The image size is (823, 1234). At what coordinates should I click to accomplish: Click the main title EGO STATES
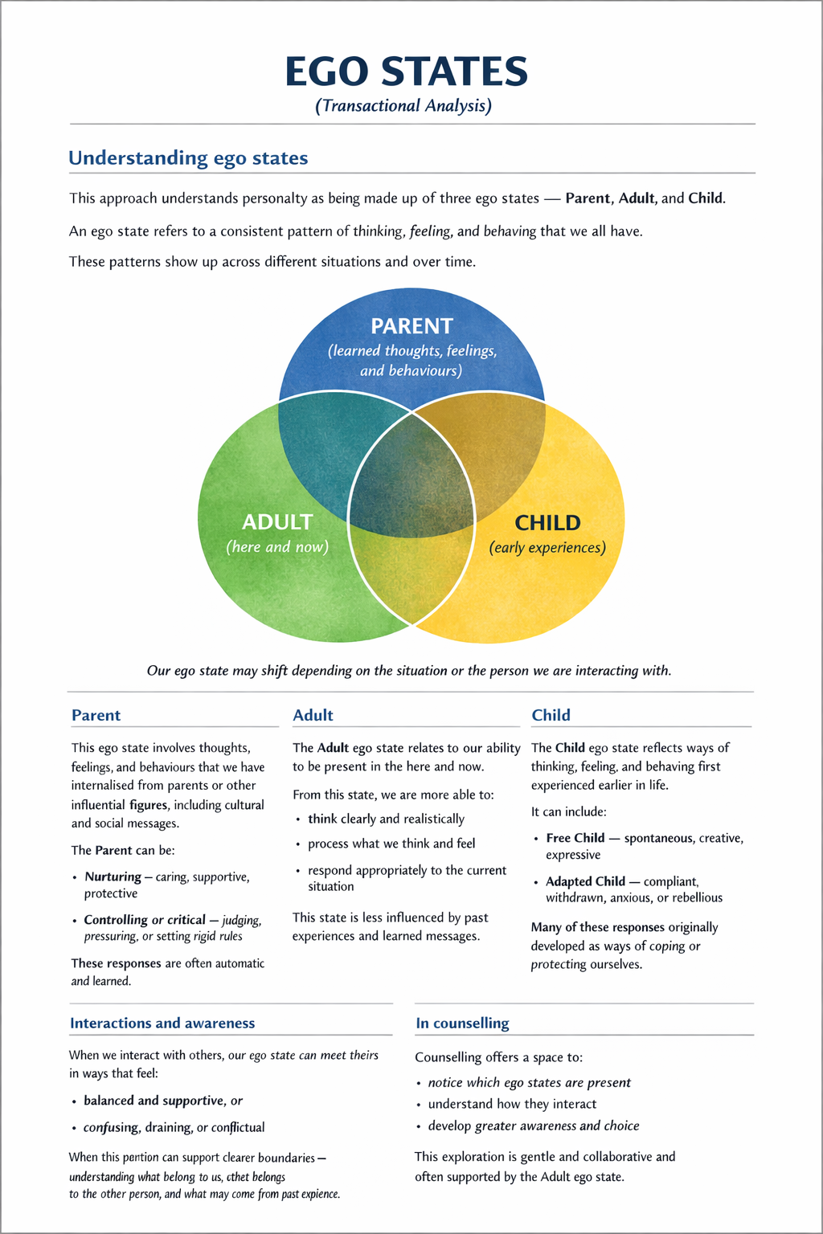(x=406, y=72)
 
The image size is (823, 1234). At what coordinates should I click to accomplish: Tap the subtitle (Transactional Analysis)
(x=403, y=106)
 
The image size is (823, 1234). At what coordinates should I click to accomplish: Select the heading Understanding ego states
(x=188, y=158)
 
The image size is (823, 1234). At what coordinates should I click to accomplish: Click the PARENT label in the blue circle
(x=411, y=326)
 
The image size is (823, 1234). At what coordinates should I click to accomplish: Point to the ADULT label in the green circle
(x=277, y=522)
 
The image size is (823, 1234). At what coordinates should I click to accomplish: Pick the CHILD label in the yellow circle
(x=547, y=523)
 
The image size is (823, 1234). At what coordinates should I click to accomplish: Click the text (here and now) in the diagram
(x=277, y=547)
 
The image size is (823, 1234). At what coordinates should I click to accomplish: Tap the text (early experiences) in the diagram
(x=547, y=548)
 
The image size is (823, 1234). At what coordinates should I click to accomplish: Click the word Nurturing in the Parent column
(x=113, y=876)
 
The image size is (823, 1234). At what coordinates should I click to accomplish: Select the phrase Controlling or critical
(x=145, y=920)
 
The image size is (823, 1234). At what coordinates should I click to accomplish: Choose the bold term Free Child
(x=575, y=838)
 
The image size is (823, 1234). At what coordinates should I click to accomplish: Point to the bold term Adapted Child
(x=585, y=881)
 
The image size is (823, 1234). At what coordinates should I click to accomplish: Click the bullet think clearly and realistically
(x=386, y=819)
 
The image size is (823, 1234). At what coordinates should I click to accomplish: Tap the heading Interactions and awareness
(x=162, y=1023)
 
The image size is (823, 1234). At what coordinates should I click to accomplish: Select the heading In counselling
(x=462, y=1023)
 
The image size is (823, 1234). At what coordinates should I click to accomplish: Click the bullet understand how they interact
(x=512, y=1104)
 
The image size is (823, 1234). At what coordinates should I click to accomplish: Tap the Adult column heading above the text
(x=313, y=715)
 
